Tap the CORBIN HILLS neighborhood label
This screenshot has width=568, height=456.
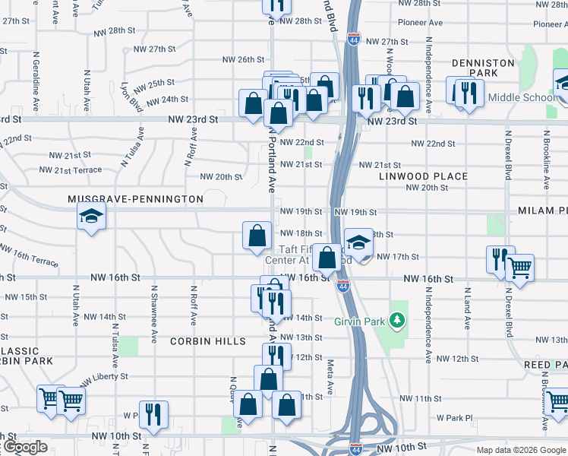[208, 341]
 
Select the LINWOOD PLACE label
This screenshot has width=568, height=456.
[424, 176]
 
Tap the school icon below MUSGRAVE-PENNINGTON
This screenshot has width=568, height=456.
[91, 217]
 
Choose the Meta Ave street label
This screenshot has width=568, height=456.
[330, 377]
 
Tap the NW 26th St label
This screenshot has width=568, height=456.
[243, 59]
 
